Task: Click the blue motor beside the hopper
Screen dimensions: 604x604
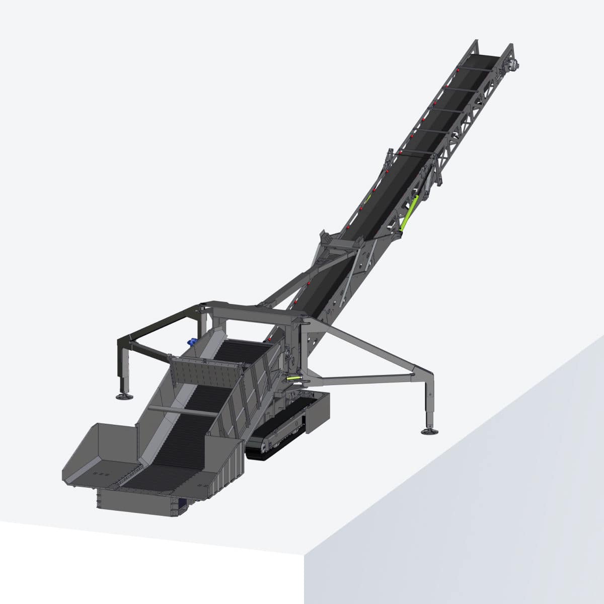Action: (x=192, y=341)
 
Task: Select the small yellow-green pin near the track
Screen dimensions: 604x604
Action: (x=293, y=377)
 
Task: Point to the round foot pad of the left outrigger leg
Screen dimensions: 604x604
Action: (x=124, y=397)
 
